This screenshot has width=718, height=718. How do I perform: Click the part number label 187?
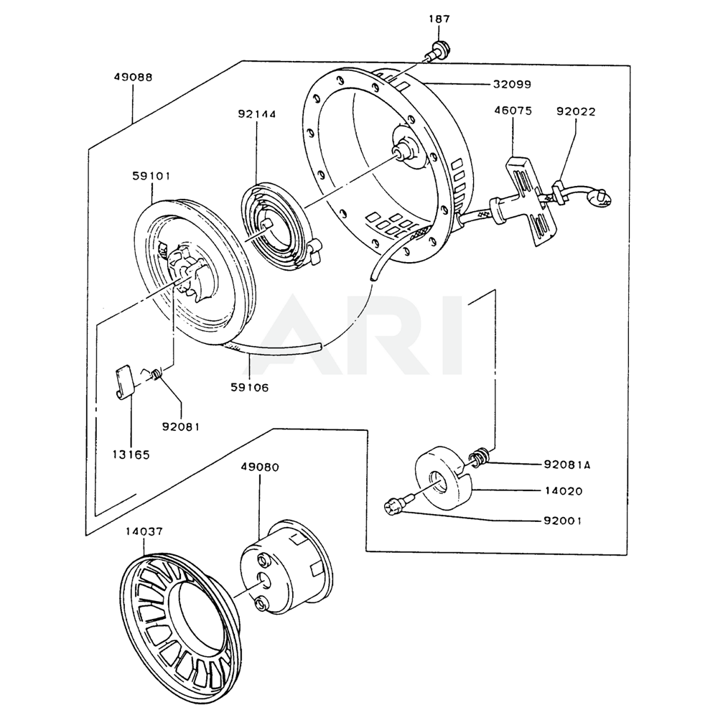pos(439,19)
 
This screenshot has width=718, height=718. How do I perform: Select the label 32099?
pos(512,84)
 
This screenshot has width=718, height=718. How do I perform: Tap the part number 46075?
pos(513,111)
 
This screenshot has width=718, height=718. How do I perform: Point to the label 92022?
pos(576,112)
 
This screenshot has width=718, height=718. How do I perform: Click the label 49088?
pos(134,77)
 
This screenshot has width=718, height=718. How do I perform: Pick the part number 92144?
pos(256,114)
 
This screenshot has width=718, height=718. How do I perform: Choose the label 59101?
pos(151,176)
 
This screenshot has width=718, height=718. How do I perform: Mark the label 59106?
pos(250,388)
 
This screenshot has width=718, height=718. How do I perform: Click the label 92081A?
pos(567,465)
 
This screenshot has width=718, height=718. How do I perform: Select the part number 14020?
pos(564,491)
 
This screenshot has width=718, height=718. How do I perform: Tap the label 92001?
pos(563,521)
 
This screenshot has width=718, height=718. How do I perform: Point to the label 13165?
pos(131,454)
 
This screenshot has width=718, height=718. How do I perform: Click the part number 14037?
pos(144,531)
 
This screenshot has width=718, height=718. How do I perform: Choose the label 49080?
pos(260,467)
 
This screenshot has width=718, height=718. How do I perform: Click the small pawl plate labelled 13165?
pos(122,382)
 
